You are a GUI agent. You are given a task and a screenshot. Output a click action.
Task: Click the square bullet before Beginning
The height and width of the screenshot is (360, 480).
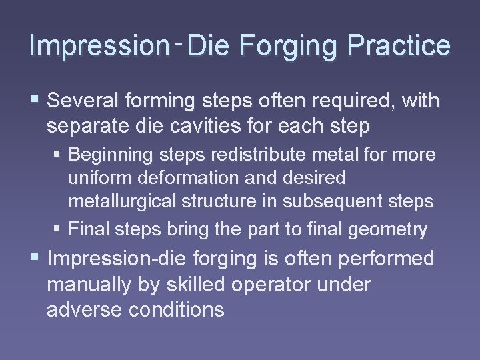click(58, 155)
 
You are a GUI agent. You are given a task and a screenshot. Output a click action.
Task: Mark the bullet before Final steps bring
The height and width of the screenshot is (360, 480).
click(58, 230)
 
